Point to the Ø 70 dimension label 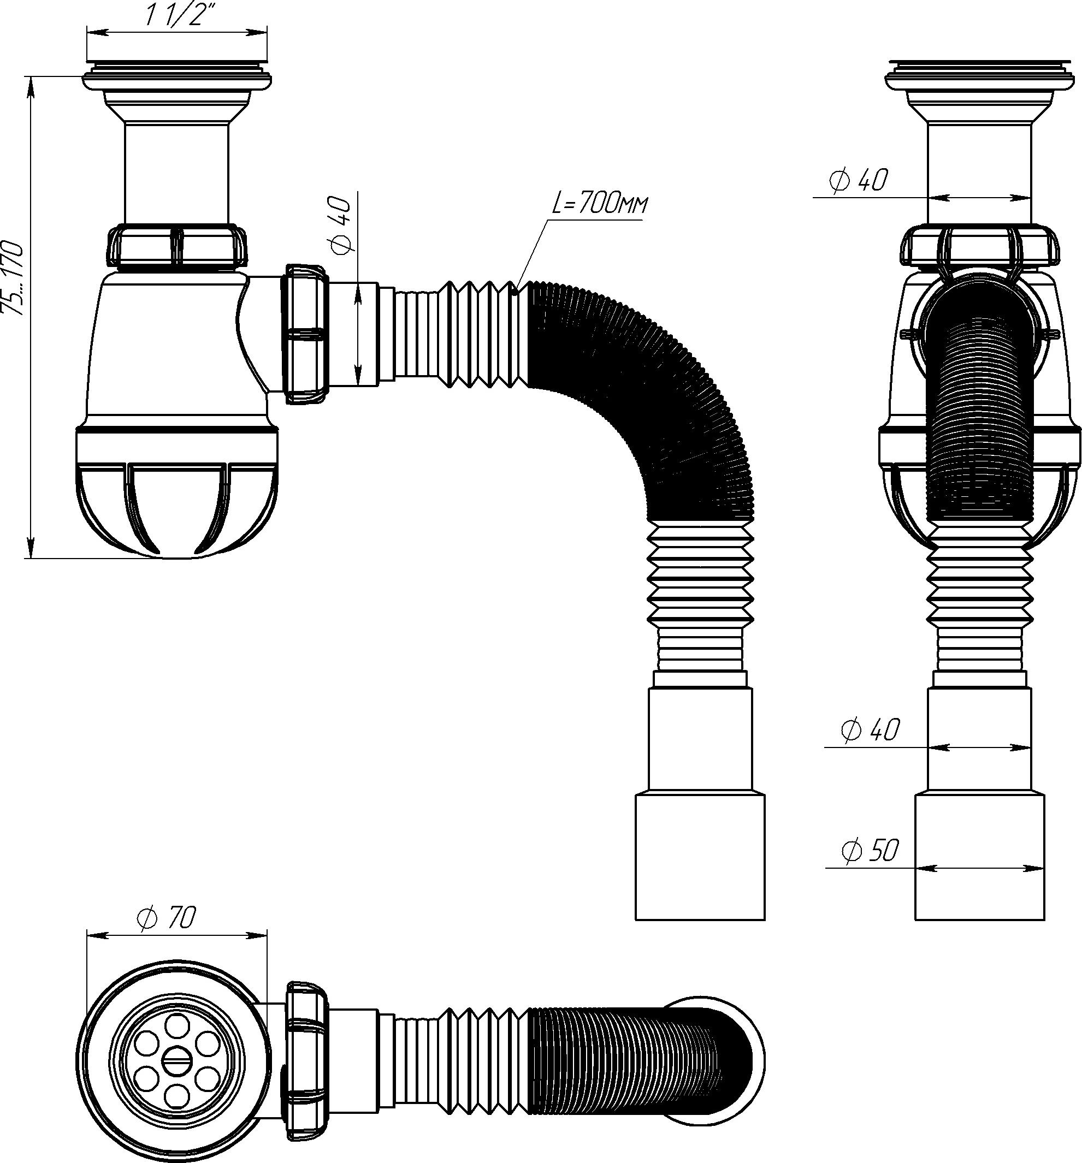click(165, 917)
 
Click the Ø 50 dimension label click(869, 851)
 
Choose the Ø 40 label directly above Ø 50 click(870, 730)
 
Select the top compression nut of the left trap click(177, 246)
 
